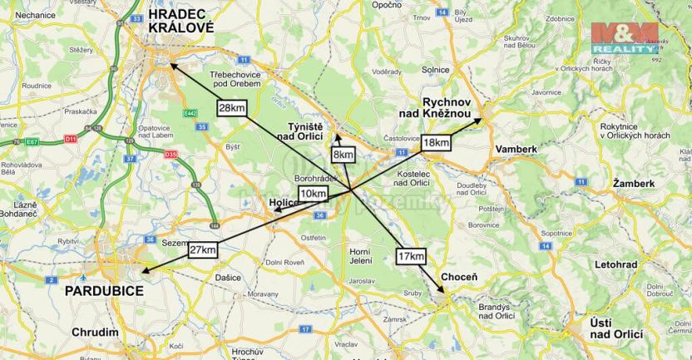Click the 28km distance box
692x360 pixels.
point(232,107)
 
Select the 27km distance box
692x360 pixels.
point(203,249)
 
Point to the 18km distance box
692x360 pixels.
point(437,142)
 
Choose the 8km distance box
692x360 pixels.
point(343,155)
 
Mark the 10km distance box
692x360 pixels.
point(313,194)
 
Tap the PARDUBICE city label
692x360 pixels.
point(104,291)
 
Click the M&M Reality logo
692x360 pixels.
point(624,38)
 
